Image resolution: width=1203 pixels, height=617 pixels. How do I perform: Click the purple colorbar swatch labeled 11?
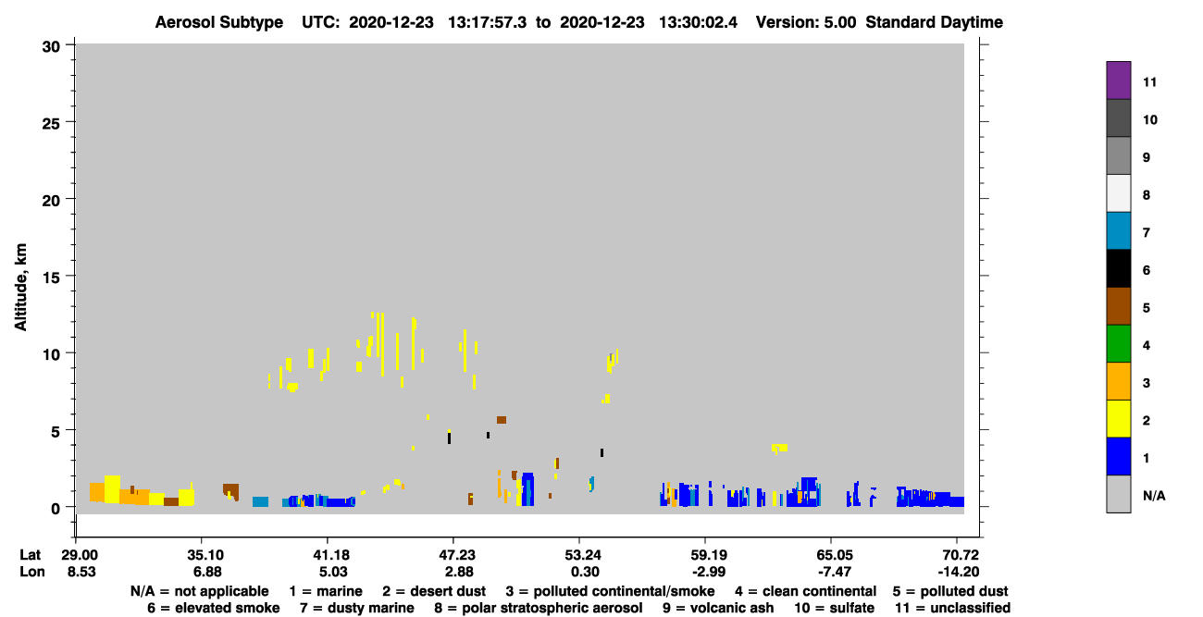pyautogui.click(x=1118, y=80)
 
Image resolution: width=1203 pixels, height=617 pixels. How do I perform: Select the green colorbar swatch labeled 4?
pyautogui.click(x=1118, y=344)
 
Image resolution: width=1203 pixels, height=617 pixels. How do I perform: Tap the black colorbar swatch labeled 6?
pyautogui.click(x=1118, y=268)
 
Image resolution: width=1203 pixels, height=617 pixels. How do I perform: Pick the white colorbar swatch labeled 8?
pyautogui.click(x=1118, y=193)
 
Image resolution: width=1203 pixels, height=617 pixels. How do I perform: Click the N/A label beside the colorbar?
pyautogui.click(x=1154, y=495)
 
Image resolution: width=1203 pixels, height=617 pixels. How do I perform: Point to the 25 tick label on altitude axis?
pyautogui.click(x=51, y=124)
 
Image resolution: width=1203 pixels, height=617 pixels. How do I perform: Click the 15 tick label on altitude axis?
pyautogui.click(x=51, y=278)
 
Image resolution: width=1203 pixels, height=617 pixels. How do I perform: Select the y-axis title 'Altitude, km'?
pyautogui.click(x=20, y=287)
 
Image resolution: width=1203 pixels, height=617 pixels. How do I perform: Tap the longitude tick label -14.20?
pyautogui.click(x=958, y=572)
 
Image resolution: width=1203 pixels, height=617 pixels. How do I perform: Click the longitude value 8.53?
pyautogui.click(x=81, y=572)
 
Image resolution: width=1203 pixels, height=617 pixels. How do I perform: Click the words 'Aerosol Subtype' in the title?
pyautogui.click(x=219, y=22)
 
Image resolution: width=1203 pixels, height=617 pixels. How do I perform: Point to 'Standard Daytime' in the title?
pyautogui.click(x=934, y=22)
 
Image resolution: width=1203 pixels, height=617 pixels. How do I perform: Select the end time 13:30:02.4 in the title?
pyautogui.click(x=698, y=22)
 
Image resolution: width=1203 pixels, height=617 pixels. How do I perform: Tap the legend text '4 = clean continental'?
pyautogui.click(x=806, y=591)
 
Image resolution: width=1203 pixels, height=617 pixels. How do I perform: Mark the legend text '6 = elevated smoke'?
pyautogui.click(x=214, y=608)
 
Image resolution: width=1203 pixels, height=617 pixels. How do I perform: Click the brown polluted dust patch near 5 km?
pyautogui.click(x=502, y=420)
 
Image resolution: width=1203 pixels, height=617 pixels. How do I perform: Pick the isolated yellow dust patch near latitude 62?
pyautogui.click(x=780, y=448)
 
